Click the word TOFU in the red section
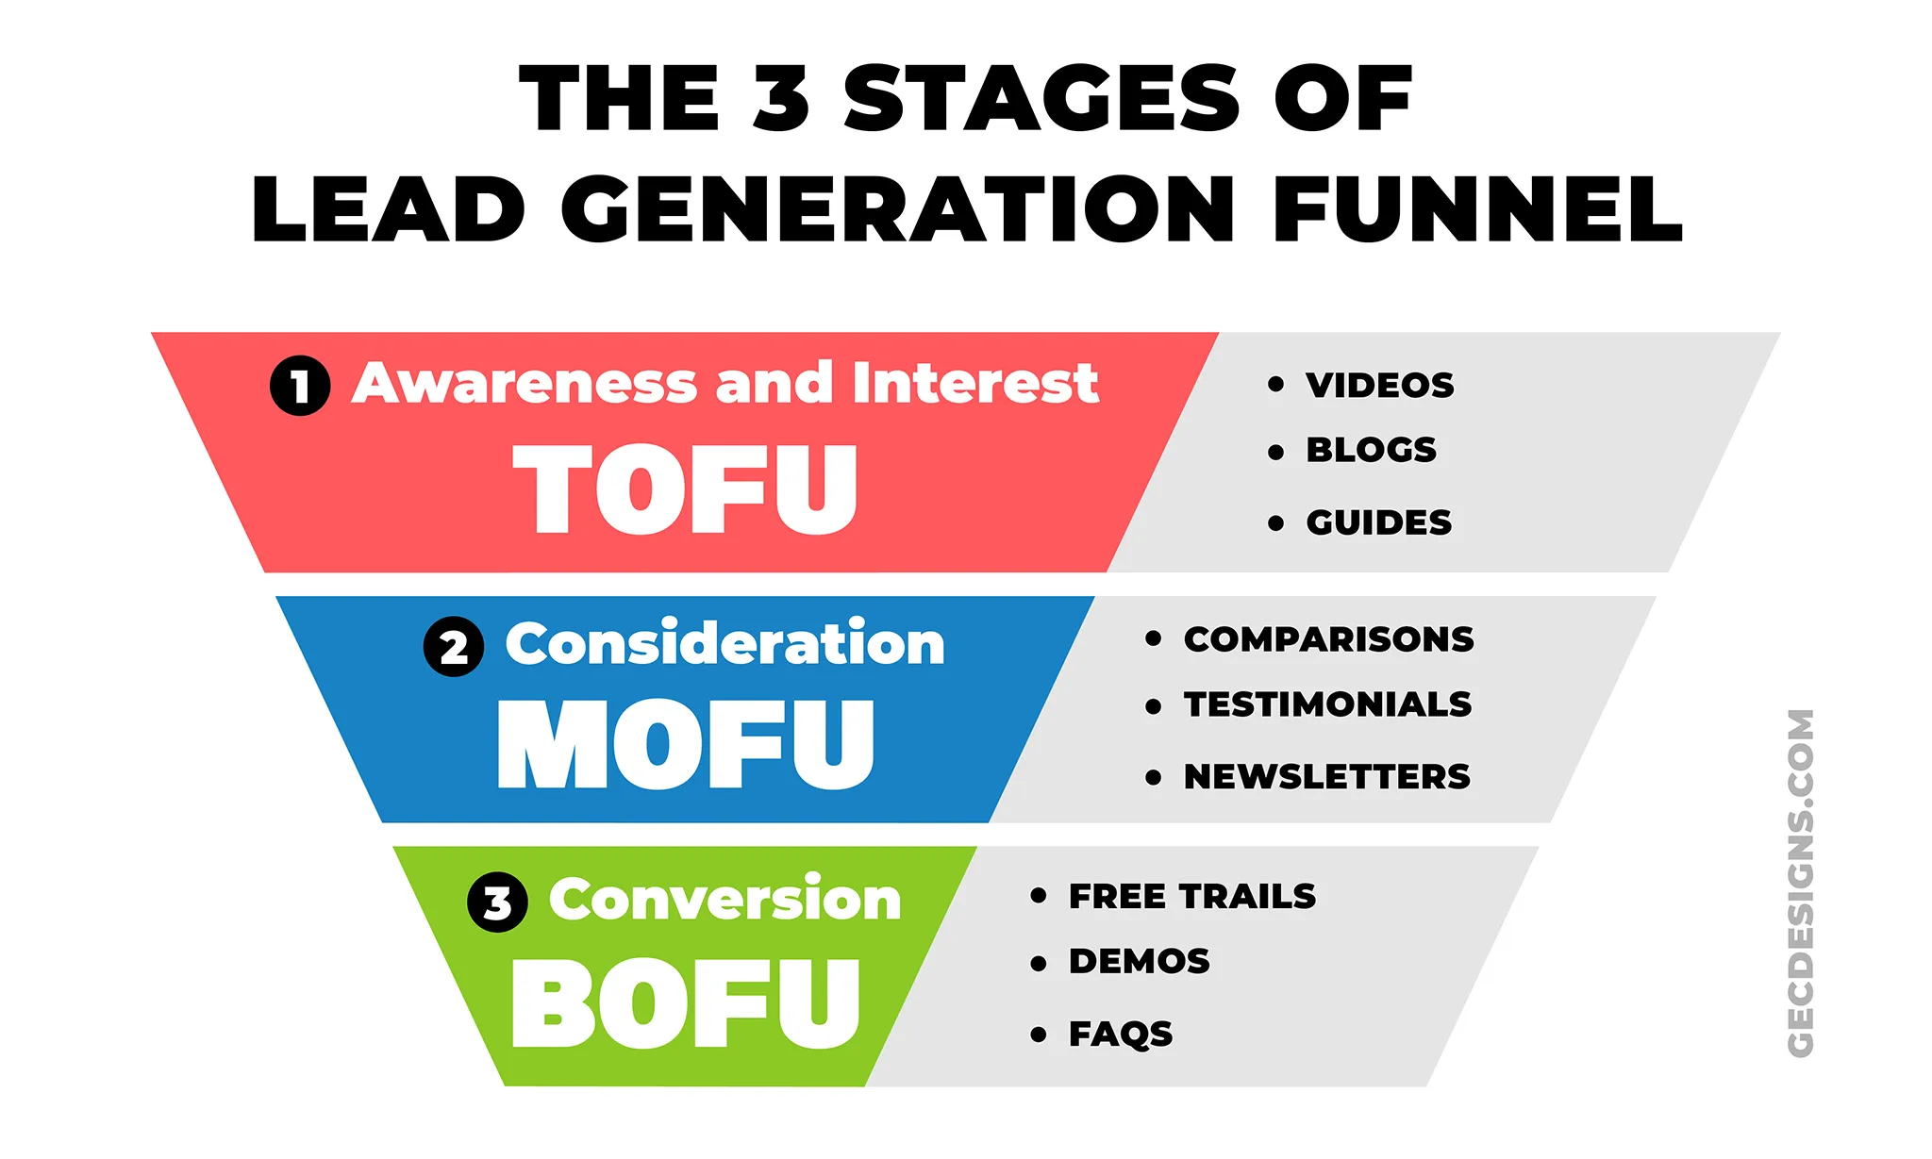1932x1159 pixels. coord(685,489)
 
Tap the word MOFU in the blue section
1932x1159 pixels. coord(686,744)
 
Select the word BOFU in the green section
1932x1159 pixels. coord(686,1003)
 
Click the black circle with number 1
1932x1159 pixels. coord(300,386)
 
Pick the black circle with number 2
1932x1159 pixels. coord(454,647)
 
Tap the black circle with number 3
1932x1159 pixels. coord(497,902)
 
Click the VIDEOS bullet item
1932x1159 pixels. coord(1379,385)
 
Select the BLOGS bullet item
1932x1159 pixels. coord(1371,450)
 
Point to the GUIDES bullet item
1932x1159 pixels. coord(1378,522)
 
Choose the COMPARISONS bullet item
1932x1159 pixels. coord(1328,639)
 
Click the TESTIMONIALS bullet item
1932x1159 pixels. coord(1327,704)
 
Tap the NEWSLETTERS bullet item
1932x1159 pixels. coord(1326,777)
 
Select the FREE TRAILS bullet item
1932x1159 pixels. coord(1191,896)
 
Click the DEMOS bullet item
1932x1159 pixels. coord(1139,961)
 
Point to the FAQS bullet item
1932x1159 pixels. coord(1120,1034)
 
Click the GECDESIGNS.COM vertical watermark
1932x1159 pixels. coord(1800,883)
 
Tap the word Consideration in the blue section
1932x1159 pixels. coord(724,644)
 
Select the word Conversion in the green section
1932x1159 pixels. coord(724,899)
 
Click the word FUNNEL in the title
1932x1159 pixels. coord(1476,209)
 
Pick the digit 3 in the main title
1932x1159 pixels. coord(781,99)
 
